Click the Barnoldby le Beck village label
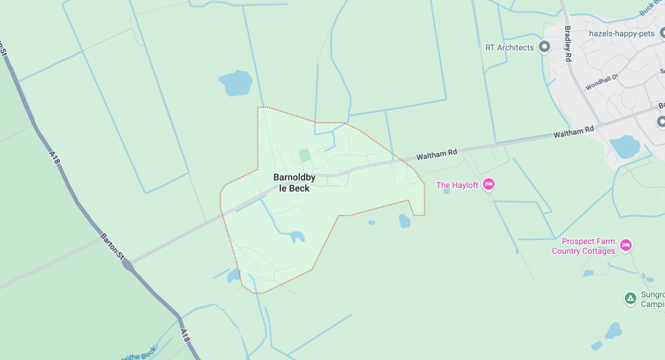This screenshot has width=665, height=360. [291, 183]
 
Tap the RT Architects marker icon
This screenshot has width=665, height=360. [544, 48]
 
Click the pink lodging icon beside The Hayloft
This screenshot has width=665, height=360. [489, 184]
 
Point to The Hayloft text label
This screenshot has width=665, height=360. [457, 186]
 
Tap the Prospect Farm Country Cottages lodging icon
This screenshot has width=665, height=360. [626, 245]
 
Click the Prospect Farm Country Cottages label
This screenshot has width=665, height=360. [583, 246]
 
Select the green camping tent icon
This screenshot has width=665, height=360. [630, 299]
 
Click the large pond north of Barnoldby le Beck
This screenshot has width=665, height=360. [235, 83]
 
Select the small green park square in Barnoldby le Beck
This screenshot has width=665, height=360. [304, 155]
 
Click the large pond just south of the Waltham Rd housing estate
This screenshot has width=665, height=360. [625, 146]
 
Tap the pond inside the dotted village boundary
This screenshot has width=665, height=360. [297, 237]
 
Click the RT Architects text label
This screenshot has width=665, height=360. [509, 48]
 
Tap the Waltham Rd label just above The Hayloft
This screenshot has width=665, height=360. [438, 154]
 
